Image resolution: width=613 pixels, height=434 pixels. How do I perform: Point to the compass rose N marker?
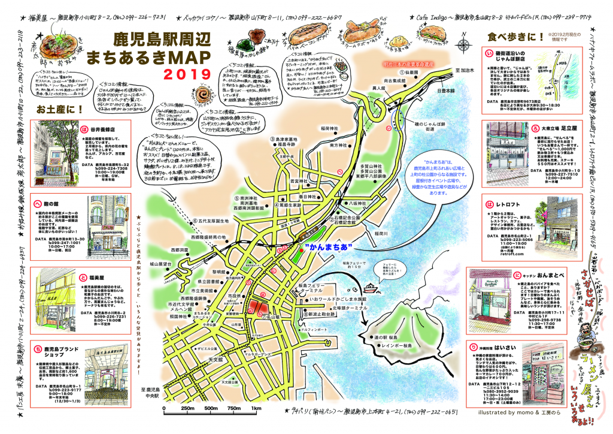[464, 43]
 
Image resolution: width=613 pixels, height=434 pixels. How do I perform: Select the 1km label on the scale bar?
[256, 409]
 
